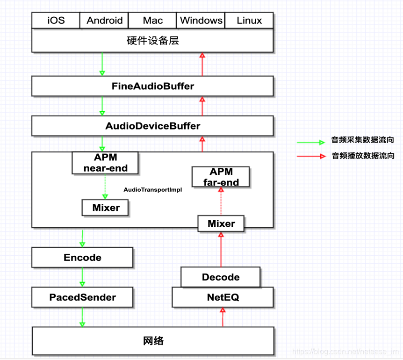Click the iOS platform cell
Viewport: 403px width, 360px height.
pyautogui.click(x=56, y=21)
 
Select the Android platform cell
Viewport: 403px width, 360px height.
pyautogui.click(x=104, y=21)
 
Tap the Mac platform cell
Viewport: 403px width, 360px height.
pyautogui.click(x=153, y=21)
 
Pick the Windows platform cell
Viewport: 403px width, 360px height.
pyautogui.click(x=201, y=21)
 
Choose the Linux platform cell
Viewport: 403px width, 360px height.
pyautogui.click(x=249, y=21)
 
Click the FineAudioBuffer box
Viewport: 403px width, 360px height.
pyautogui.click(x=152, y=86)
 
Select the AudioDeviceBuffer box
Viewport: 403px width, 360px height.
pyautogui.click(x=152, y=126)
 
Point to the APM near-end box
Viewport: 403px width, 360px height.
pyautogui.click(x=105, y=163)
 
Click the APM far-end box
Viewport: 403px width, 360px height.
pyautogui.click(x=221, y=177)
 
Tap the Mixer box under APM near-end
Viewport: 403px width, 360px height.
pyautogui.click(x=105, y=208)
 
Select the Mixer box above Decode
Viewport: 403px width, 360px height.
pyautogui.click(x=221, y=223)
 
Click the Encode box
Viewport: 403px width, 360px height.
pyautogui.click(x=82, y=258)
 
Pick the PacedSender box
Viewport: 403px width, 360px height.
pyautogui.click(x=82, y=297)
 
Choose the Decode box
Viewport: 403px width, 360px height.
pyautogui.click(x=221, y=277)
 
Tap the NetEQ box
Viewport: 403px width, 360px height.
pyautogui.click(x=223, y=297)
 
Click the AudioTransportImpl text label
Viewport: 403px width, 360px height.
pyautogui.click(x=152, y=190)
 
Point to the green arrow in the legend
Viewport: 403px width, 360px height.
pyautogui.click(x=311, y=142)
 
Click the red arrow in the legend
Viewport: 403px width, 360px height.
pyautogui.click(x=311, y=156)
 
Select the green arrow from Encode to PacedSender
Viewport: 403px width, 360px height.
pyautogui.click(x=82, y=277)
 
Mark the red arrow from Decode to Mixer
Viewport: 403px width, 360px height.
pyautogui.click(x=221, y=250)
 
